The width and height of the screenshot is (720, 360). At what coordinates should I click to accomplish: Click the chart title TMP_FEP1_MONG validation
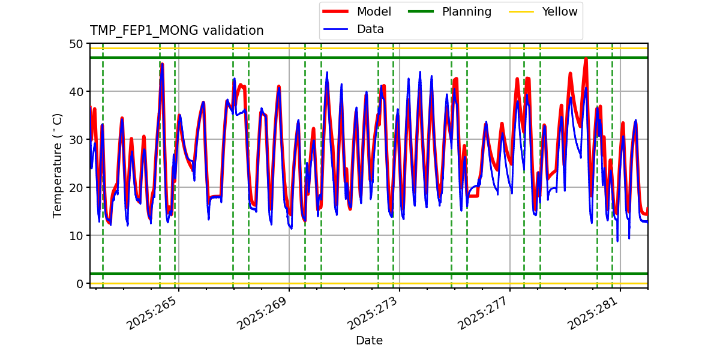pyautogui.click(x=176, y=31)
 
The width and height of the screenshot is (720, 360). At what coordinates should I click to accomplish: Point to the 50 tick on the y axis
pyautogui.click(x=76, y=44)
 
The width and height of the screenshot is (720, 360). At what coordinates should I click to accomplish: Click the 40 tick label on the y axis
pyautogui.click(x=76, y=92)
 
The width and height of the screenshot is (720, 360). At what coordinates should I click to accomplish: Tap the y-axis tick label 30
pyautogui.click(x=76, y=140)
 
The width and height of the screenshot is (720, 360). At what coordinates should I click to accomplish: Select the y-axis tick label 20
pyautogui.click(x=76, y=188)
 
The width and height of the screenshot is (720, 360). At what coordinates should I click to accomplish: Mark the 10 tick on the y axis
pyautogui.click(x=76, y=236)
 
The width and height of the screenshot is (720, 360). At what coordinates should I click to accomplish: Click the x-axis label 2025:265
pyautogui.click(x=152, y=314)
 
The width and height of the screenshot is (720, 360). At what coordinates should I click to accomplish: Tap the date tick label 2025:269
pyautogui.click(x=263, y=314)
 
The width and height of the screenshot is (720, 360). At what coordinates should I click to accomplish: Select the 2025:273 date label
pyautogui.click(x=373, y=314)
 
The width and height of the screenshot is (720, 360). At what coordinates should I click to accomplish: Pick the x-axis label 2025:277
pyautogui.click(x=484, y=314)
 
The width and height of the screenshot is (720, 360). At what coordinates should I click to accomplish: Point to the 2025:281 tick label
pyautogui.click(x=594, y=314)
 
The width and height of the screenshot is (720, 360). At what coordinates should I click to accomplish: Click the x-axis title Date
pyautogui.click(x=369, y=341)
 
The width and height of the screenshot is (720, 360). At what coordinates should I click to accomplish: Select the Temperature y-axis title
pyautogui.click(x=58, y=165)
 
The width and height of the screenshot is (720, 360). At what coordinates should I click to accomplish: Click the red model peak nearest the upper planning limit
pyautogui.click(x=586, y=59)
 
